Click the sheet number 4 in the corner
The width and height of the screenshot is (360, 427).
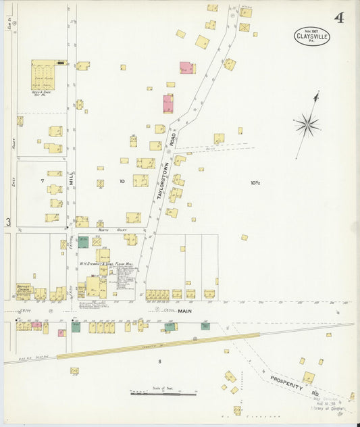click(338, 18)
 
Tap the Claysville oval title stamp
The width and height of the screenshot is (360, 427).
click(312, 36)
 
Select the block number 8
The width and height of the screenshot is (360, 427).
click(159, 362)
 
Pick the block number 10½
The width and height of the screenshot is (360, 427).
click(255, 182)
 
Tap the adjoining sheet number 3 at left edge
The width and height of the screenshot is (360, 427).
click(8, 222)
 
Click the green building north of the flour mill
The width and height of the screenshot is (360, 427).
click(82, 242)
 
